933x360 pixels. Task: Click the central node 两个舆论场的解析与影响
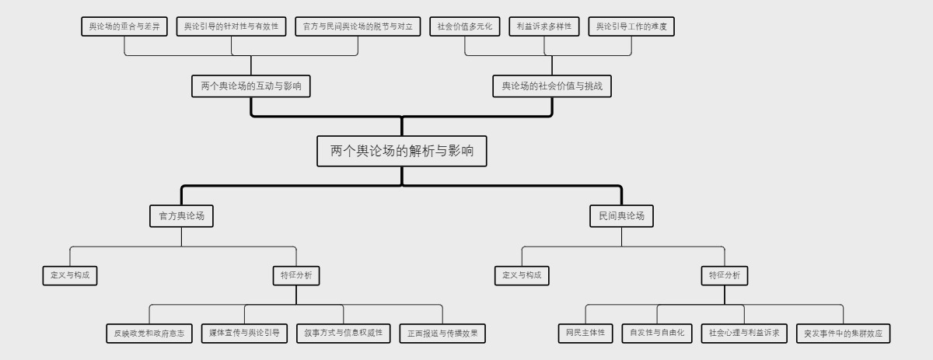[x=402, y=151]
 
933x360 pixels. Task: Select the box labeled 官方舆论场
[x=181, y=216]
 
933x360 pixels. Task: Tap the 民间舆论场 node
[x=621, y=216]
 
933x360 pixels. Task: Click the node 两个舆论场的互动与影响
[x=250, y=86]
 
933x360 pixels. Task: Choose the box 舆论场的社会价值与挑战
[x=553, y=86]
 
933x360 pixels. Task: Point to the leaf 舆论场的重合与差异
[x=124, y=26]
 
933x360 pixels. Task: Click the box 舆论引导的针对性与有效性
[x=231, y=26]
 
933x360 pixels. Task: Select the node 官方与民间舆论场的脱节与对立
[x=358, y=26]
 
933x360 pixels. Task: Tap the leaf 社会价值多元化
[x=465, y=26]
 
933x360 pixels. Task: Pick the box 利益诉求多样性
[x=544, y=26]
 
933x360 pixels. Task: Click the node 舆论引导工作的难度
[x=631, y=26]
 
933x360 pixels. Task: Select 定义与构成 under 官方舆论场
[x=70, y=275]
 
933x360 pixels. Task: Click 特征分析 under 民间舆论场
[x=725, y=275]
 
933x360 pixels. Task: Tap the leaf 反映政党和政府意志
[x=149, y=334]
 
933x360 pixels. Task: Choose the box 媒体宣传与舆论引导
[x=244, y=334]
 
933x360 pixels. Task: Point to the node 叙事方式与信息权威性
[x=344, y=334]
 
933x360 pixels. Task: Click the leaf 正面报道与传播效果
[x=442, y=334]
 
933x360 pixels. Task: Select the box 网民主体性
[x=585, y=334]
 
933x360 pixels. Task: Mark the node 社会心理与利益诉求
[x=744, y=334]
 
